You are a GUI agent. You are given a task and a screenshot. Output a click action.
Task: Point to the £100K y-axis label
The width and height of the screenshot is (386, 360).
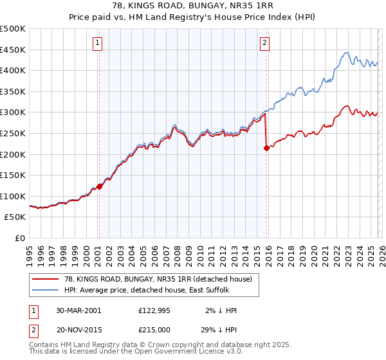click(x=13, y=196)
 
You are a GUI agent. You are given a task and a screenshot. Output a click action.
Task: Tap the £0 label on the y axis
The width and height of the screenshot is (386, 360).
click(x=20, y=238)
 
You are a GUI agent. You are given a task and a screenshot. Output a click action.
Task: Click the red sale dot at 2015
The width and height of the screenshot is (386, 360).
click(x=266, y=148)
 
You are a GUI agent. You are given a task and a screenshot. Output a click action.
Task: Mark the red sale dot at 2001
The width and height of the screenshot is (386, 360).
click(x=100, y=186)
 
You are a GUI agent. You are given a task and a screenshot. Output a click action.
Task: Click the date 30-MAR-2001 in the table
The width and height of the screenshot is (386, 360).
click(x=78, y=310)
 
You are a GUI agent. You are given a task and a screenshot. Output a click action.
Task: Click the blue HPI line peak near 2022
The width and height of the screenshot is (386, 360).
click(x=346, y=53)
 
